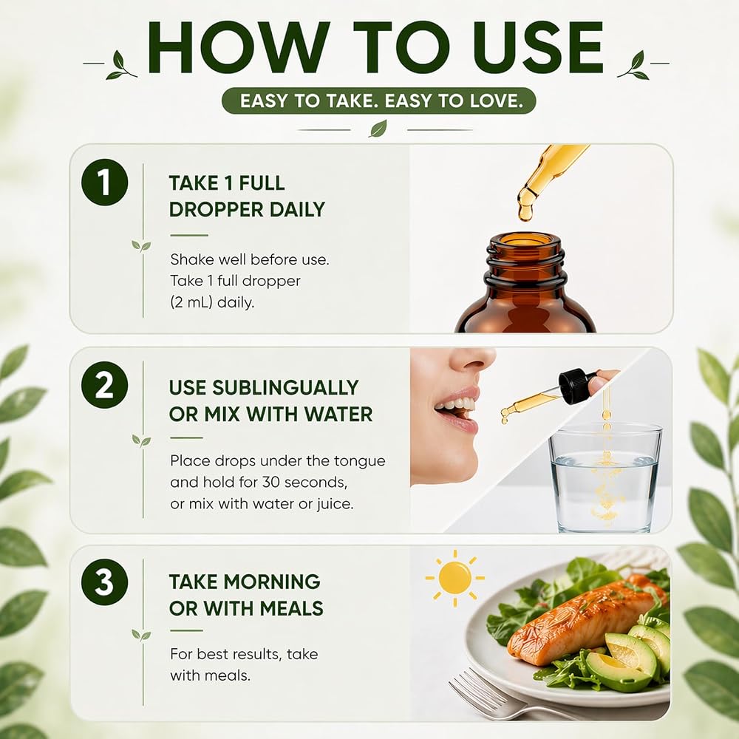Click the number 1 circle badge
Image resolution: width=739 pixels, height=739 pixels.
pos(104,183)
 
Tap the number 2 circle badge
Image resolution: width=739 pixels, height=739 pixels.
pos(104,384)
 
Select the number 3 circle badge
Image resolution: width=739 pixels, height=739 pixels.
pos(104,582)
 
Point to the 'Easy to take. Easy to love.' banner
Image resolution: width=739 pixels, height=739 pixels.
pos(379,101)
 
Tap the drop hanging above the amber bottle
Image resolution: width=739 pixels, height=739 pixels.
pos(525,212)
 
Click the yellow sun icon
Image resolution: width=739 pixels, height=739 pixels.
pos(454,578)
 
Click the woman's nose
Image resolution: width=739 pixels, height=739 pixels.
pos(471,359)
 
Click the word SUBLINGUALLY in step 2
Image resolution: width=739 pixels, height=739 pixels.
pos(285,388)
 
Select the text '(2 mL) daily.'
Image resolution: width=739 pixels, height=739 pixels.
pos(212,302)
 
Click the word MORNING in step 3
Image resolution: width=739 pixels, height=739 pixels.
pos(272,582)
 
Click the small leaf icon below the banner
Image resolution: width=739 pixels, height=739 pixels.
pos(378,129)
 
